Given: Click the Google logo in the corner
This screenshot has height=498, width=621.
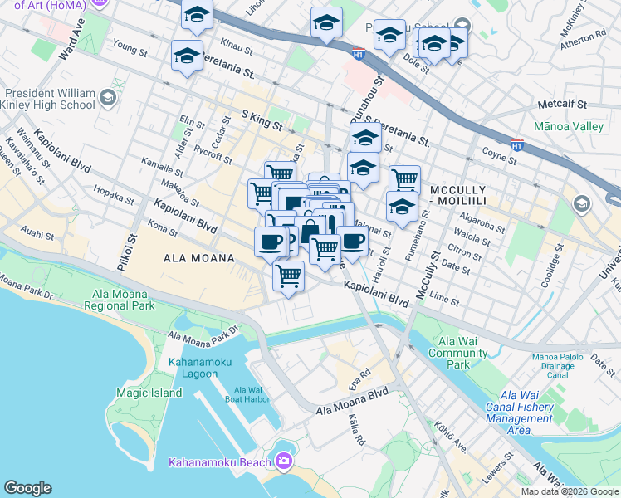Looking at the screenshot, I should point(27,487).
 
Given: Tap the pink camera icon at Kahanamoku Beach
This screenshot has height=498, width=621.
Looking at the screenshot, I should point(285,461).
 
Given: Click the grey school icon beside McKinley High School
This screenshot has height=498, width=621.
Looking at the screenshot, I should point(107,100).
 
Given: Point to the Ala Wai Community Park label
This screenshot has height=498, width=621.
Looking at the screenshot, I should point(458,353).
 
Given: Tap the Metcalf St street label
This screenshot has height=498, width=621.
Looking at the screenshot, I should point(562,105).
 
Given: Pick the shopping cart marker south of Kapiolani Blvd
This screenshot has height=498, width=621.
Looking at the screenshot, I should point(288,274).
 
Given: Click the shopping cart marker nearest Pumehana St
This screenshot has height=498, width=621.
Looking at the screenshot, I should point(404,178).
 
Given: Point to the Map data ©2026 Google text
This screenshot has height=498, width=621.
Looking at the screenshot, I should point(570,491).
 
